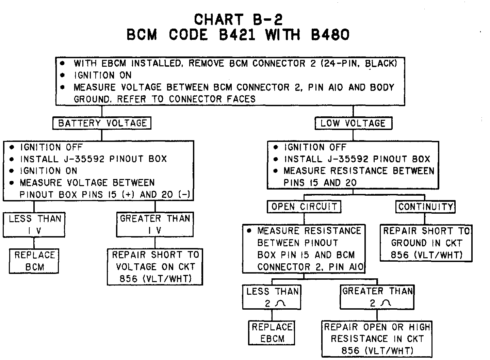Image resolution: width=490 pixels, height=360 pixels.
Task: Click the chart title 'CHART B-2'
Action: (x=238, y=19)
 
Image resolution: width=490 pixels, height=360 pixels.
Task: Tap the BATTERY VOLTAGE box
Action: (x=102, y=123)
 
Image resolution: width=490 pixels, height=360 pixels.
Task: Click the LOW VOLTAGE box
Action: (x=353, y=123)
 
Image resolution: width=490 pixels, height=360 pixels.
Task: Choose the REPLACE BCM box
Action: (x=34, y=261)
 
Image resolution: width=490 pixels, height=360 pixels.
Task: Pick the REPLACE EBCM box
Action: (x=272, y=333)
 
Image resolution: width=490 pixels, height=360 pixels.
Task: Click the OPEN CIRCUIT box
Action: (x=304, y=207)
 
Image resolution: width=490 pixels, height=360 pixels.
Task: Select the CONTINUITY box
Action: (x=425, y=207)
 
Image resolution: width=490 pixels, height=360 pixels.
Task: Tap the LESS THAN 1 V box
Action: (x=34, y=225)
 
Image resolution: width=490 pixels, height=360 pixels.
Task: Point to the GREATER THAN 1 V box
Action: (x=155, y=225)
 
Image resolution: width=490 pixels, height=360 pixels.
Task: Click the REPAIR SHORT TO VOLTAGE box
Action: (x=155, y=267)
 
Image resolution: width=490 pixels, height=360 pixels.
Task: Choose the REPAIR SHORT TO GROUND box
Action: (x=426, y=243)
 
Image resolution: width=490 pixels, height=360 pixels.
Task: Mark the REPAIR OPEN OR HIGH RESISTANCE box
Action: (x=377, y=339)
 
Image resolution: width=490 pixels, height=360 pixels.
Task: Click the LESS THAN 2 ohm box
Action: (x=272, y=297)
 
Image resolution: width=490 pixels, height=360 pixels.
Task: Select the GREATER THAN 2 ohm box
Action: (x=377, y=297)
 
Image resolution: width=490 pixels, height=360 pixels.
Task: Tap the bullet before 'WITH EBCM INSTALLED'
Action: (x=63, y=63)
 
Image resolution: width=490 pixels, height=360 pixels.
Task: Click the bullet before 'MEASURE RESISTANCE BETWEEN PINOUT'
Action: (x=249, y=231)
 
